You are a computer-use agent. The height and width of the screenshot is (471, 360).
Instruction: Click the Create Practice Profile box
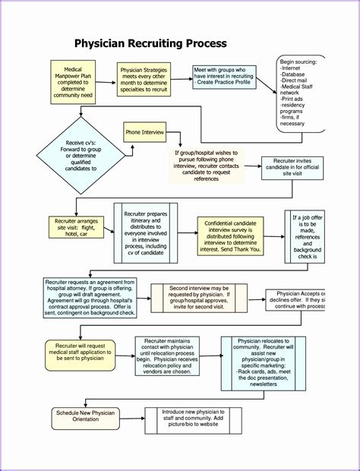[224, 75]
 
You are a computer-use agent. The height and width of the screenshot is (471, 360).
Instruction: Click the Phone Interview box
[145, 132]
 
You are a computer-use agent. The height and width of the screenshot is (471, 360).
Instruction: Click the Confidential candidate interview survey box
[230, 235]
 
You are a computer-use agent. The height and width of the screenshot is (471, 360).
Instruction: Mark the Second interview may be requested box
[199, 299]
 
